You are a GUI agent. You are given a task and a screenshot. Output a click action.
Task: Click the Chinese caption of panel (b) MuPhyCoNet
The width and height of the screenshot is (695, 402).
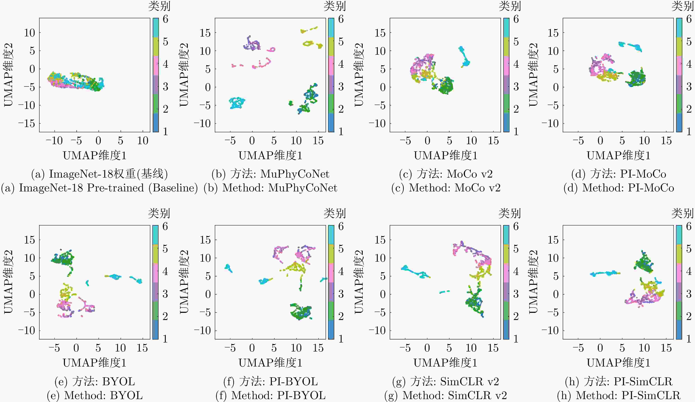(x=270, y=174)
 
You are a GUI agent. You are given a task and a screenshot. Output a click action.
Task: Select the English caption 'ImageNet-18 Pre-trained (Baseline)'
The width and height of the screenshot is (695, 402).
(x=99, y=188)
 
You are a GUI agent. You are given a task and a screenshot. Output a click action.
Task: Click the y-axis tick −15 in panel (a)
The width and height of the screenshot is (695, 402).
(x=27, y=124)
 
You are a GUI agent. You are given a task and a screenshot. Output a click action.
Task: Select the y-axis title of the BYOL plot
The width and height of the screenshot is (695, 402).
(x=8, y=282)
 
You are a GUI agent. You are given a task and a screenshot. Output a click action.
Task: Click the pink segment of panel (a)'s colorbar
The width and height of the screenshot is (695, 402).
(x=156, y=66)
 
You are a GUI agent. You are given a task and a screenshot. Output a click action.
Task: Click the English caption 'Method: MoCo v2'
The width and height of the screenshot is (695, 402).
(x=446, y=188)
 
